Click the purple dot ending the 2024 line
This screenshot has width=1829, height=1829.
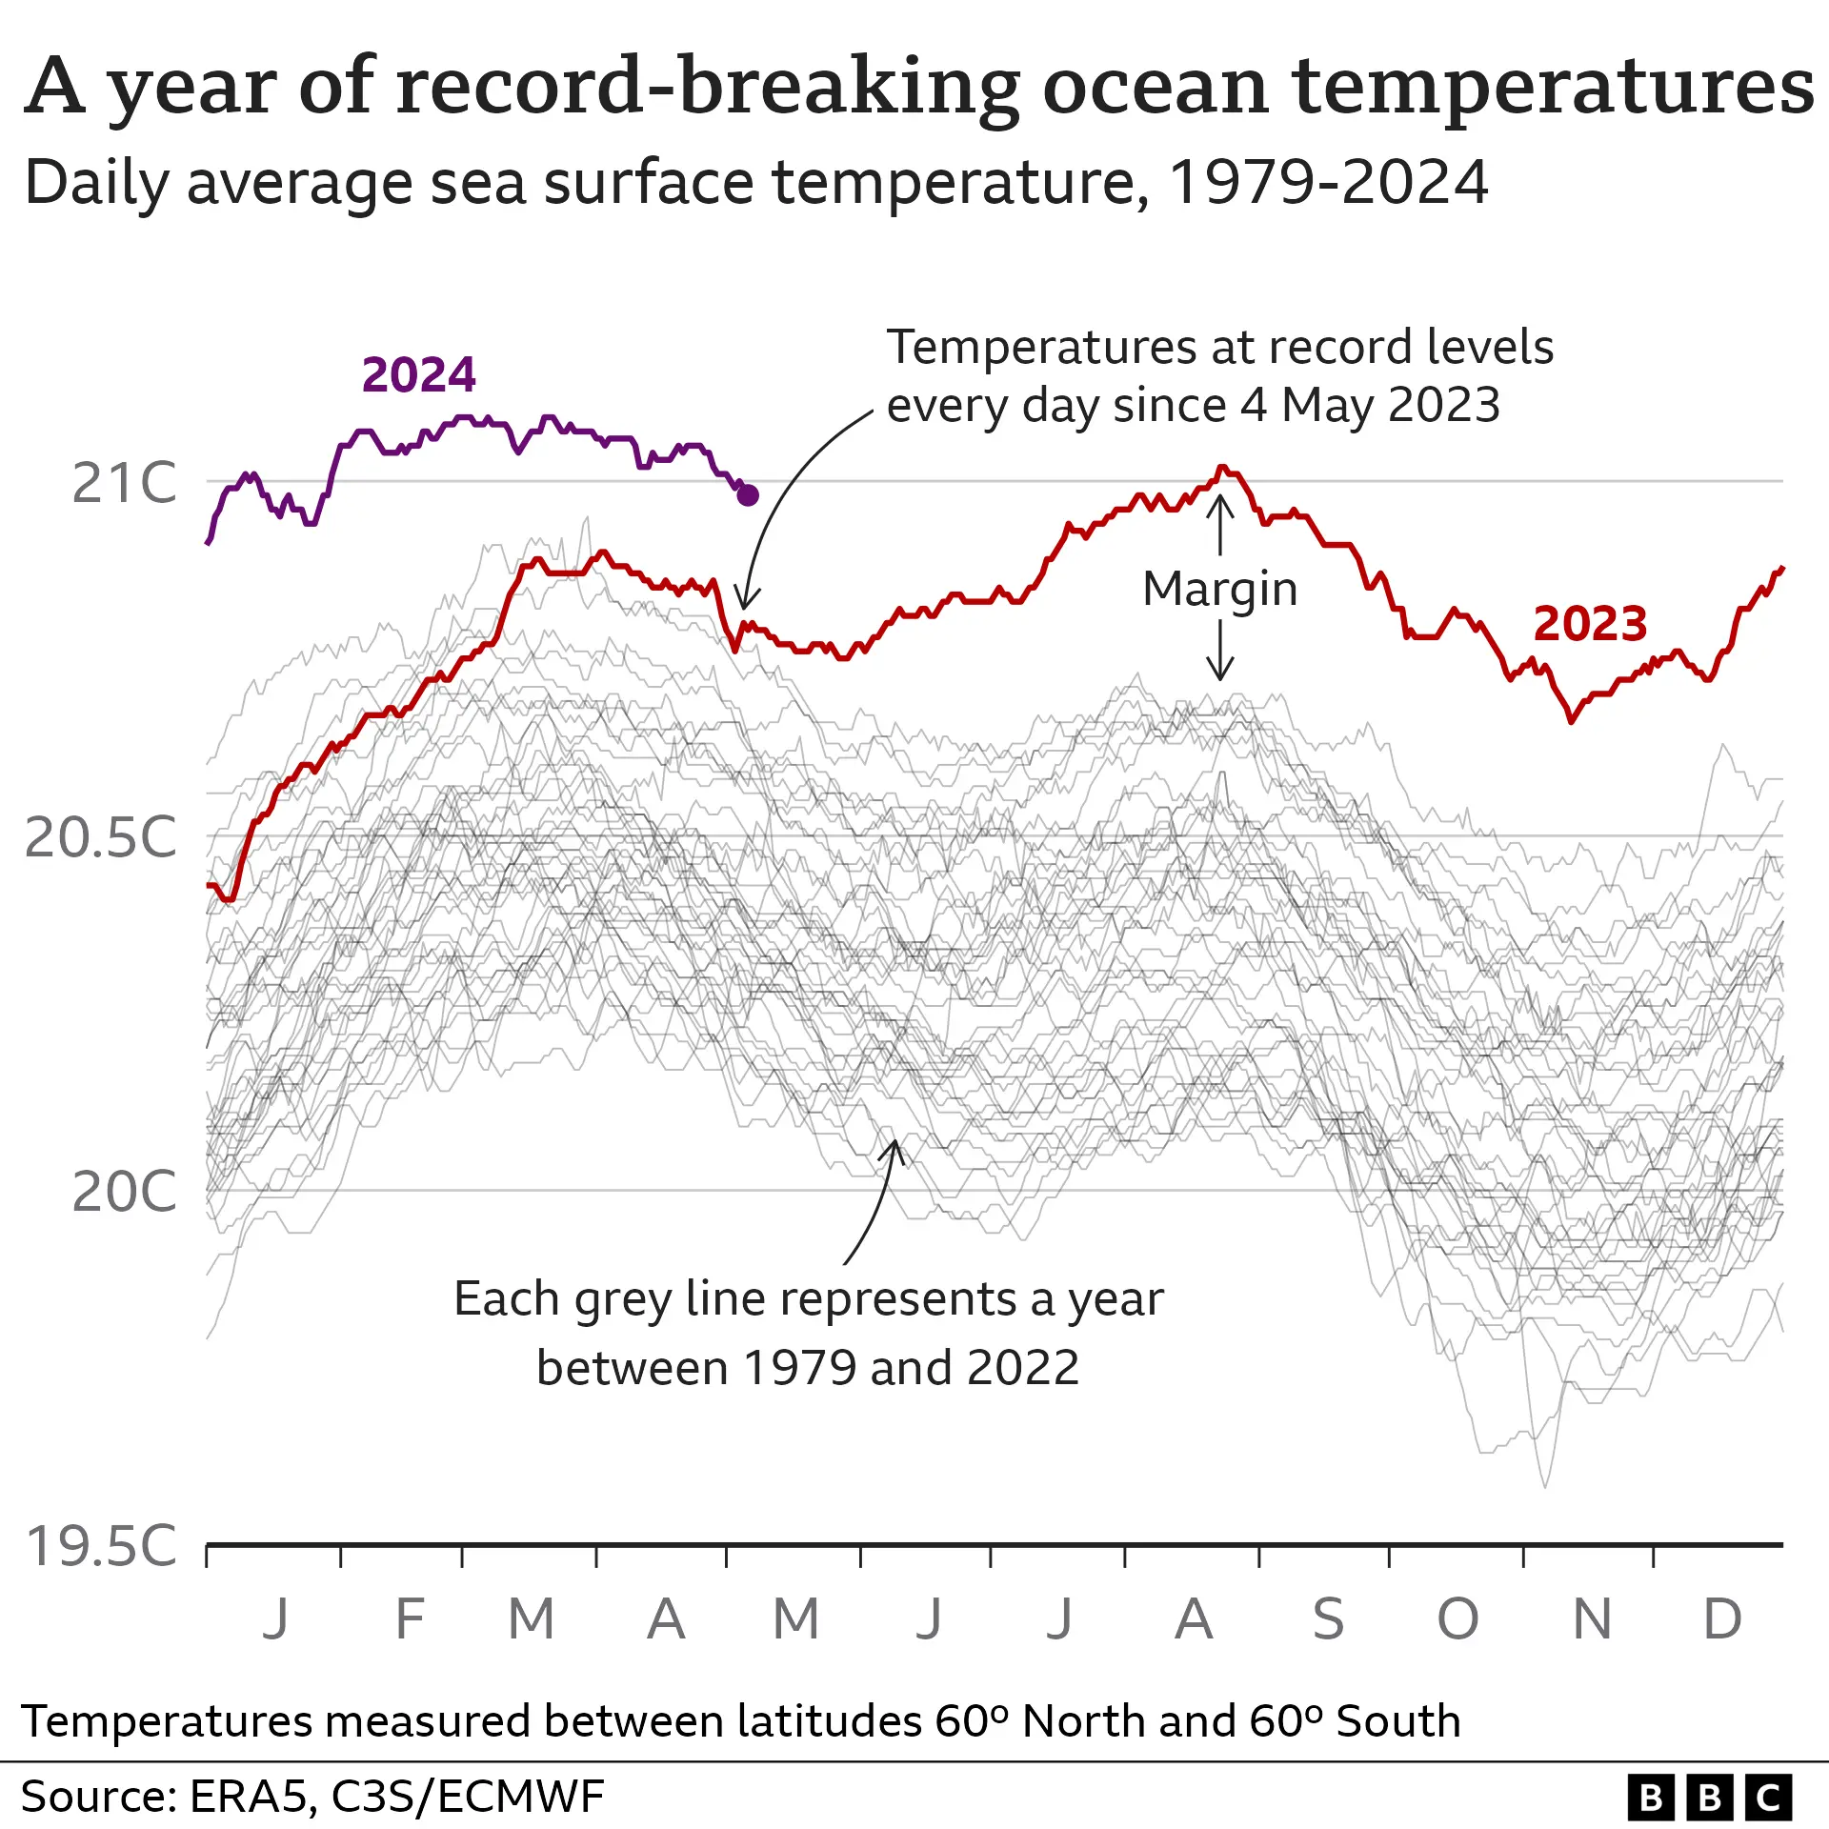[748, 495]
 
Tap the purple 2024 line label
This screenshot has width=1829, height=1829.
[418, 374]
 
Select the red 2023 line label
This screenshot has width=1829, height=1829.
[1590, 624]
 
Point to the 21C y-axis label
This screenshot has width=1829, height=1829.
[125, 483]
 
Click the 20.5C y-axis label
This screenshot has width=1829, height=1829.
[101, 837]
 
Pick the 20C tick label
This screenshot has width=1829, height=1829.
[125, 1192]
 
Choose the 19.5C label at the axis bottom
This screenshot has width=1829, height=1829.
[101, 1546]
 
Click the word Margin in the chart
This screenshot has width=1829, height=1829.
[1219, 589]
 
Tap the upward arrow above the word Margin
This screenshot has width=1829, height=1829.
[1220, 524]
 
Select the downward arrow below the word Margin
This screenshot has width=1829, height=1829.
[1220, 652]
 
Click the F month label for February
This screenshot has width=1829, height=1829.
[410, 1619]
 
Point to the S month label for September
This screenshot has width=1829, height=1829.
[1328, 1619]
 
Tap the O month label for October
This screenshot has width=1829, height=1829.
[1457, 1619]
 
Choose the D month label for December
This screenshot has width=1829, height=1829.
[1722, 1619]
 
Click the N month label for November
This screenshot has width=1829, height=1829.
[1592, 1619]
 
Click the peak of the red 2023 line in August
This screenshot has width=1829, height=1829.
[1222, 468]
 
